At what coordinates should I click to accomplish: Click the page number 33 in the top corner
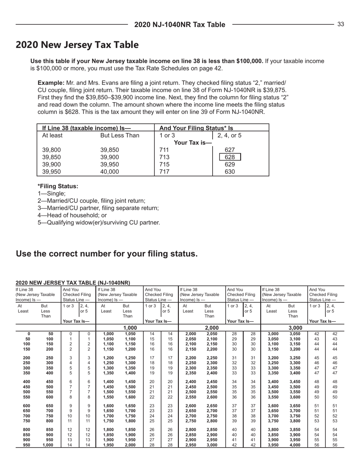tap(341, 25)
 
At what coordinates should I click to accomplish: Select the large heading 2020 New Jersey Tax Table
tap(77, 45)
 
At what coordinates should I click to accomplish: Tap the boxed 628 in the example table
tap(227, 157)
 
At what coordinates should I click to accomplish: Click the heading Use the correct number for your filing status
tap(106, 253)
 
